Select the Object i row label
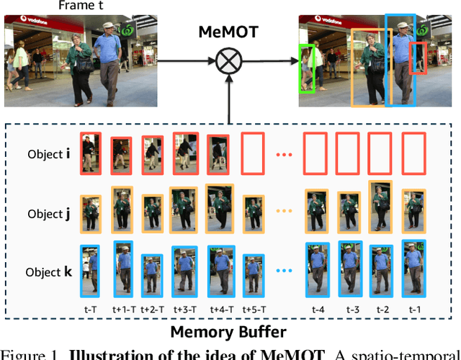(48, 153)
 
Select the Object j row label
(48, 214)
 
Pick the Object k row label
(48, 271)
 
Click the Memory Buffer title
(229, 332)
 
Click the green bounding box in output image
(308, 68)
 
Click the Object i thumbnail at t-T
(91, 153)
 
